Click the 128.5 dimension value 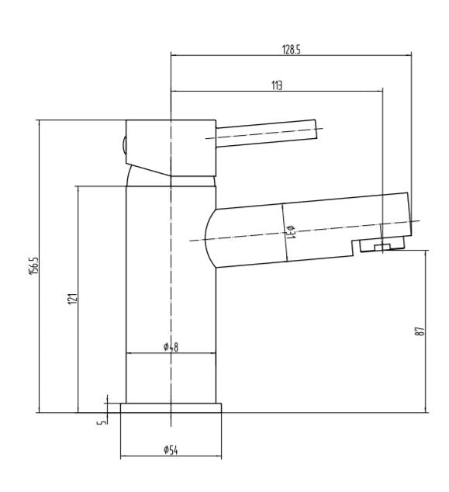coord(292,49)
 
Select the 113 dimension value coord(277,85)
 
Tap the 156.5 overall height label coord(33,265)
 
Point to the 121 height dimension coord(72,299)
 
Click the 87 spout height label coord(420,331)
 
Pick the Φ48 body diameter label coord(171,347)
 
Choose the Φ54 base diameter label coord(171,449)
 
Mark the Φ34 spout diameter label coord(291,232)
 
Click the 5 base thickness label coord(102,422)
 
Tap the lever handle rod coord(266,133)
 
